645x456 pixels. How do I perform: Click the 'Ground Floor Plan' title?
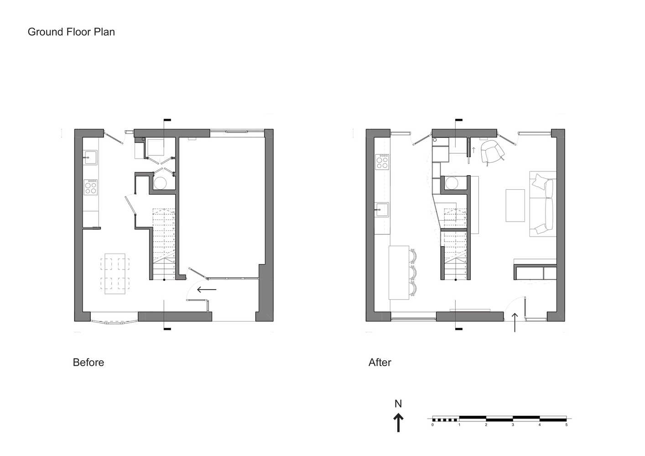(71, 32)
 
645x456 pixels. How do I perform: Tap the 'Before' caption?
(88, 363)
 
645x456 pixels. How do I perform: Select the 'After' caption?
(380, 363)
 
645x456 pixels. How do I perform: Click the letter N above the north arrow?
(398, 404)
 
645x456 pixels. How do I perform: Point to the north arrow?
(398, 422)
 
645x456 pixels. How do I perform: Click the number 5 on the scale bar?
(566, 425)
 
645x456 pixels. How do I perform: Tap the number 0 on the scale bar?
(432, 425)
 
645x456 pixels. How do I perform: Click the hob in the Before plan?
(90, 187)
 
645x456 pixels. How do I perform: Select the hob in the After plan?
(382, 161)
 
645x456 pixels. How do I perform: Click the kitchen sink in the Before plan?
(90, 157)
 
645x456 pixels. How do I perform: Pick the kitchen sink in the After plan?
(381, 210)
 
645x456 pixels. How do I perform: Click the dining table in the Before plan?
(115, 274)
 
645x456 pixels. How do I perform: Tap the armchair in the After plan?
(492, 151)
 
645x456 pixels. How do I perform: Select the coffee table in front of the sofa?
(515, 205)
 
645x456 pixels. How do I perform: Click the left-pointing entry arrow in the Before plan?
(207, 290)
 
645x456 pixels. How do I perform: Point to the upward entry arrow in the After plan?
(515, 322)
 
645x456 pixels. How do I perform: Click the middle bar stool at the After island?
(414, 273)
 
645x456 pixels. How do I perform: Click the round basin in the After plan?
(452, 183)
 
